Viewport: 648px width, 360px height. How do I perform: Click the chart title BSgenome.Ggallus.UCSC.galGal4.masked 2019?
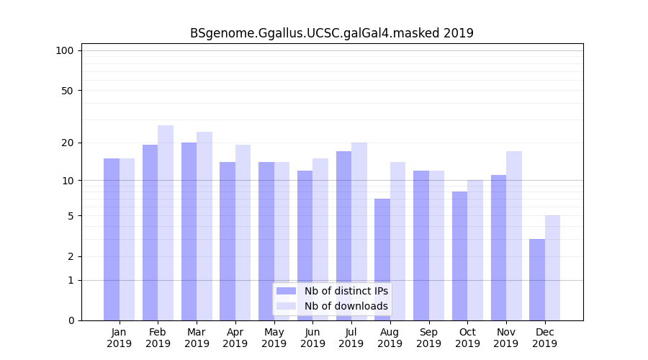pyautogui.click(x=332, y=33)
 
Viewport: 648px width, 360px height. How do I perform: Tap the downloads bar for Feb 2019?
pyautogui.click(x=166, y=222)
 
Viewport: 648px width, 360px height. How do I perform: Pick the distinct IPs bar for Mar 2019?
pyautogui.click(x=189, y=231)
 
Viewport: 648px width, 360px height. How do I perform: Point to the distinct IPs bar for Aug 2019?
pyautogui.click(x=382, y=259)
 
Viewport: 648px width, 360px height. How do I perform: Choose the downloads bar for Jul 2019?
pyautogui.click(x=359, y=231)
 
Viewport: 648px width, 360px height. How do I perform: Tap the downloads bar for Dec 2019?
pyautogui.click(x=552, y=268)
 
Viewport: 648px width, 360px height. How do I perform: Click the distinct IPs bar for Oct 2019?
pyautogui.click(x=459, y=256)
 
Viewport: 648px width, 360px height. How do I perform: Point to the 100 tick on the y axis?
pyautogui.click(x=65, y=50)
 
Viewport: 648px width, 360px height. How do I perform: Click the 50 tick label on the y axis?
pyautogui.click(x=67, y=91)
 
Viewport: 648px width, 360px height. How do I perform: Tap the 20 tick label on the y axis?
pyautogui.click(x=67, y=143)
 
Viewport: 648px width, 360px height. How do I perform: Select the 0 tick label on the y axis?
pyautogui.click(x=70, y=320)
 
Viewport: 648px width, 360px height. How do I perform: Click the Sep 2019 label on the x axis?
pyautogui.click(x=428, y=338)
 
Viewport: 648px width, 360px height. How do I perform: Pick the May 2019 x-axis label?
pyautogui.click(x=274, y=338)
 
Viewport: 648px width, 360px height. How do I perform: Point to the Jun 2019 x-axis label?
pyautogui.click(x=312, y=338)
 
